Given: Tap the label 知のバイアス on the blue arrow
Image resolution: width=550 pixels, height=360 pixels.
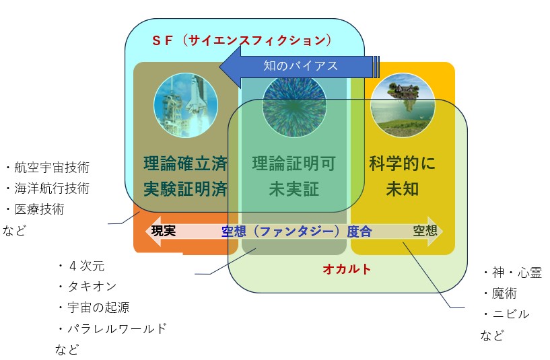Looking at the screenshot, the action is pos(301,65).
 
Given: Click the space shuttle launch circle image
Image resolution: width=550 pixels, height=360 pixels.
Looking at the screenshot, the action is pos(186,105).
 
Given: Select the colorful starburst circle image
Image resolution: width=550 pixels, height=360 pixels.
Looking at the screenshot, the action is pos(294,105).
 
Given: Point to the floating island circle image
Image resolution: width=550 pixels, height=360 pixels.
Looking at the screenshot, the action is pos(403,105).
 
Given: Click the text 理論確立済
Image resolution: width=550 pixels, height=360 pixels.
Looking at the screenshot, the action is pos(186,164).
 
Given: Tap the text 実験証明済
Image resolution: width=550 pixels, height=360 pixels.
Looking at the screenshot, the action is pos(186,189).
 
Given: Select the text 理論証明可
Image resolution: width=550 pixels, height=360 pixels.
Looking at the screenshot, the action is pos(294,164).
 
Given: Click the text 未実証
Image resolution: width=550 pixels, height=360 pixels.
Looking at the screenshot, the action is pos(294,189).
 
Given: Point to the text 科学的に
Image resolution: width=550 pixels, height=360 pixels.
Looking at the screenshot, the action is pos(403,164).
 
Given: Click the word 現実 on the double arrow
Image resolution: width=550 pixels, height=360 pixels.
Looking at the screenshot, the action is pos(164,231).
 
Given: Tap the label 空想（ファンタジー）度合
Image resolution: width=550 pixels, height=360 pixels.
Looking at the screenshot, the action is pos(296,231).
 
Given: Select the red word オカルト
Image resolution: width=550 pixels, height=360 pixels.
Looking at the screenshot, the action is pos(347,269).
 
